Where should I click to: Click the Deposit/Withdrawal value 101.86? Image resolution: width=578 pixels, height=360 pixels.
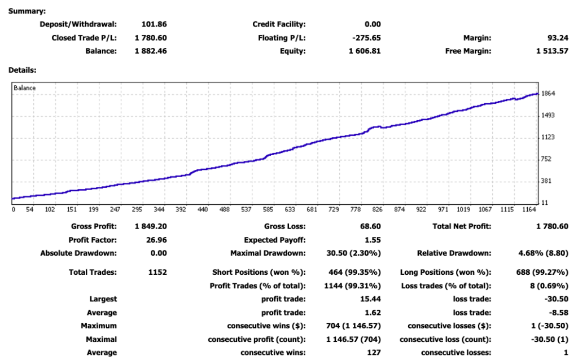pos(154,24)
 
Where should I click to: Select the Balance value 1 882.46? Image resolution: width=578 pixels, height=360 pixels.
pos(151,51)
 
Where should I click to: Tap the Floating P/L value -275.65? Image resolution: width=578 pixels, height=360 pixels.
pos(366,38)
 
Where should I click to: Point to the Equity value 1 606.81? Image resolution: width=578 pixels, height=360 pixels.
pos(365,51)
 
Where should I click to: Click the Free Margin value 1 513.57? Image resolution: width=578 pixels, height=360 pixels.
pos(552,51)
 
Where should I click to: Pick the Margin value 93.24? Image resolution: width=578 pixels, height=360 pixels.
pos(558,38)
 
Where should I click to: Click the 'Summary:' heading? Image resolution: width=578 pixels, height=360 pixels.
pos(27,11)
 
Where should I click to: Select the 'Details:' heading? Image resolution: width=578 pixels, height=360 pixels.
pos(23,70)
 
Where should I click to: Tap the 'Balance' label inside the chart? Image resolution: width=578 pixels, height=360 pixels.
pos(25,88)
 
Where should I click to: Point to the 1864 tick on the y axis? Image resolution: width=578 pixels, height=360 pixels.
pos(548,94)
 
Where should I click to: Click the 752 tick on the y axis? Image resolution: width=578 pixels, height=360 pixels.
pos(546,159)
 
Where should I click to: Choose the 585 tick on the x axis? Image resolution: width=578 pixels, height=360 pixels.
pos(268,210)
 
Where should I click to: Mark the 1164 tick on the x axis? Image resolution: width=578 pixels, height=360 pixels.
pos(529,210)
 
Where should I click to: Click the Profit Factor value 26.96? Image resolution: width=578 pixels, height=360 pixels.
pos(156,240)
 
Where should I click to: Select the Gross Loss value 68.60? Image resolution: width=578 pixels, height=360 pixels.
pos(370,227)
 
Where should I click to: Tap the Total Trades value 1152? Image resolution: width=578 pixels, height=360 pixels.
pos(157,273)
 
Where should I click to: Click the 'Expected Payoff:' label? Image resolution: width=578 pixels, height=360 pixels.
pos(275,240)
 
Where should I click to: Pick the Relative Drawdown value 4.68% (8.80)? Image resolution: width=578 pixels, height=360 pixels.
pos(544,253)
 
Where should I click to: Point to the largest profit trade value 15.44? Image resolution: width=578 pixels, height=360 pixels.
pos(370,299)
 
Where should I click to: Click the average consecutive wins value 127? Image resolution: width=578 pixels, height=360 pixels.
pos(374,353)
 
